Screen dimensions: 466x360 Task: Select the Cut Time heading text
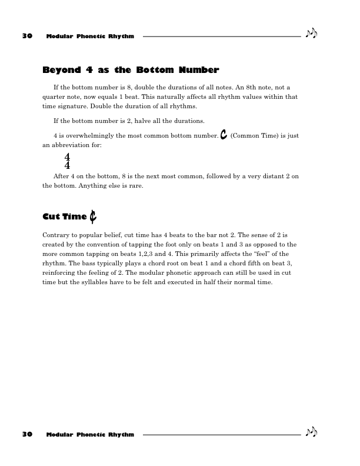(x=65, y=217)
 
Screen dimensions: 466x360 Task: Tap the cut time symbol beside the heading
(x=94, y=217)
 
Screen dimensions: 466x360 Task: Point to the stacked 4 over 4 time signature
(x=67, y=161)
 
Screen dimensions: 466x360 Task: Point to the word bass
(x=88, y=265)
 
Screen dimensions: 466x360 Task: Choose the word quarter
(x=55, y=96)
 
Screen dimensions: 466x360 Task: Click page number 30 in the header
(x=26, y=36)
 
